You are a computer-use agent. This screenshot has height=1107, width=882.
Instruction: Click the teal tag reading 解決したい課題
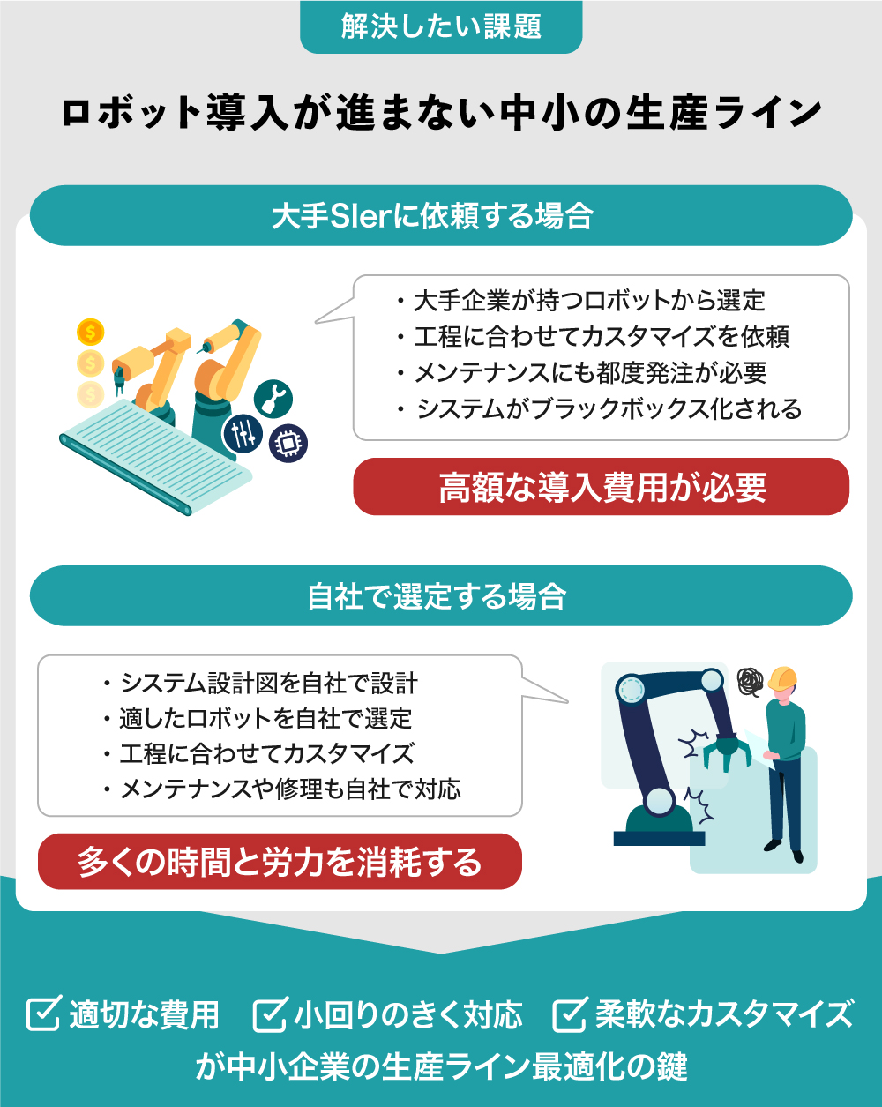(x=441, y=26)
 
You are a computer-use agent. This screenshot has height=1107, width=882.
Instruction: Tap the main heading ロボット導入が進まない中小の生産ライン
(x=441, y=112)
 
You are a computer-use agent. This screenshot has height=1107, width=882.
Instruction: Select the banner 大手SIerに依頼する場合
(x=441, y=215)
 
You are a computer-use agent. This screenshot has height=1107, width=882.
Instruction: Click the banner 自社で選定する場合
(x=441, y=595)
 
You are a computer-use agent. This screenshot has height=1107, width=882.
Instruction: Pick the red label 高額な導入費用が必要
(x=601, y=487)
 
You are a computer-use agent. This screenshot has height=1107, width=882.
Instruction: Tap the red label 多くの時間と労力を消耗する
(x=280, y=862)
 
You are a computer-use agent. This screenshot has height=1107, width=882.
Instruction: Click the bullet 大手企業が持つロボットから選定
(x=581, y=301)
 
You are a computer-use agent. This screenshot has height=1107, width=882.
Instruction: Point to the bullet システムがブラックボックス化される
(x=599, y=409)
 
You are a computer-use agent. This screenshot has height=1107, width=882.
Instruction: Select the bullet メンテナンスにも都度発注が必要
(x=582, y=373)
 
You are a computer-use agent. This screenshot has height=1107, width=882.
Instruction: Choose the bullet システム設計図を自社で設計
(x=260, y=683)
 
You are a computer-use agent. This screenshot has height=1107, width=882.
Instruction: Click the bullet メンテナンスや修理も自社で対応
(x=282, y=789)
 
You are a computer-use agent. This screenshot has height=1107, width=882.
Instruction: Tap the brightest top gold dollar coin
(x=91, y=332)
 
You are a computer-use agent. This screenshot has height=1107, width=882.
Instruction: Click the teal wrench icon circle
(x=273, y=399)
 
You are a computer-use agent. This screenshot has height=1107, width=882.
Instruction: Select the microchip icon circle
(x=288, y=443)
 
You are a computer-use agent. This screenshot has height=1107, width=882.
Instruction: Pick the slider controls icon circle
(x=243, y=434)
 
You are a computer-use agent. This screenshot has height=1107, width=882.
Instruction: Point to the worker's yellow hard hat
(x=782, y=678)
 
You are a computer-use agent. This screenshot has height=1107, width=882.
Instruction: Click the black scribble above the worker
(x=751, y=682)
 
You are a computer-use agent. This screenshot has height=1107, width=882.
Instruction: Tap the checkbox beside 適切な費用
(x=44, y=1013)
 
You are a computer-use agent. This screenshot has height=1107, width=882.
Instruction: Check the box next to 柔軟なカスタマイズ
(x=571, y=1014)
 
